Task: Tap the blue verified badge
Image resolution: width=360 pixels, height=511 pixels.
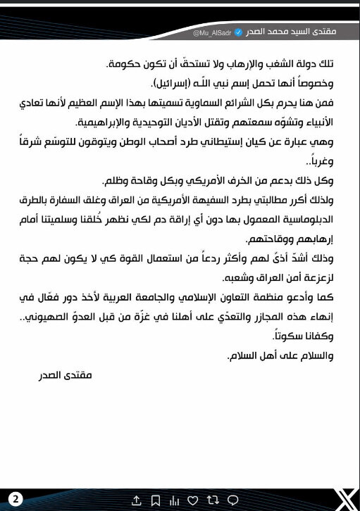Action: (x=237, y=32)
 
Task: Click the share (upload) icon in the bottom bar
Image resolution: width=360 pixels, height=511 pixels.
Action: (x=136, y=500)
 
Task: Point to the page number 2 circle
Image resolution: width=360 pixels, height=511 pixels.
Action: (x=15, y=500)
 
